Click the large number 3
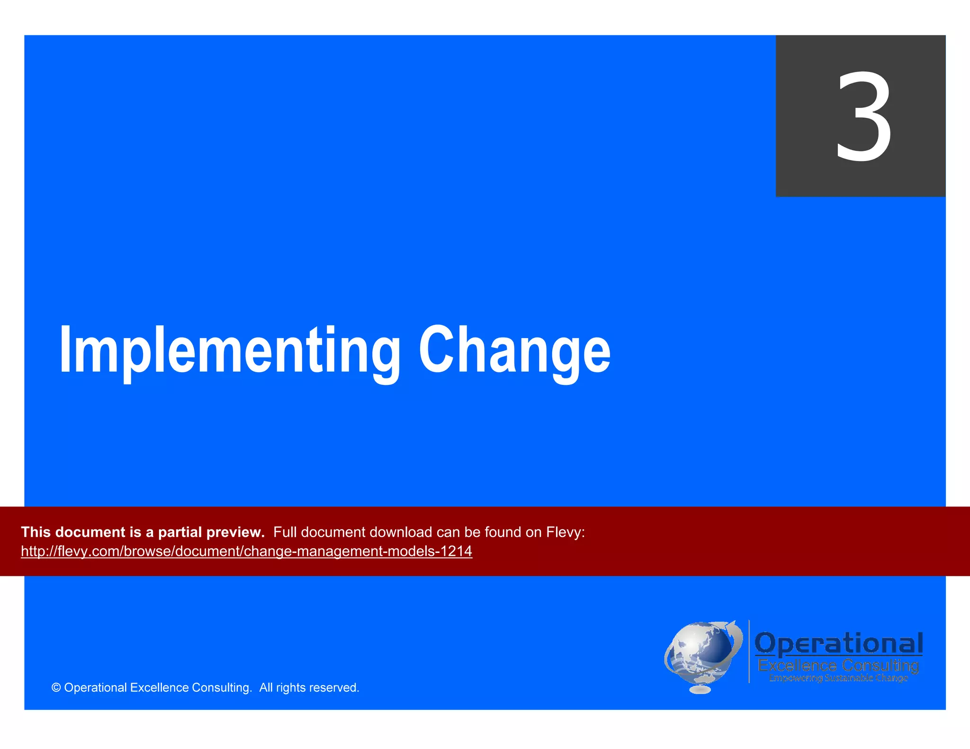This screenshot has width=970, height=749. click(863, 116)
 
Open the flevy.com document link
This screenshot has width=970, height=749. click(246, 551)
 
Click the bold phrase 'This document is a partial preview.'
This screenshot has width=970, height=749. click(143, 532)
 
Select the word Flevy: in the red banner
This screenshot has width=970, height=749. click(566, 532)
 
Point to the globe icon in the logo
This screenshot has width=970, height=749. click(701, 653)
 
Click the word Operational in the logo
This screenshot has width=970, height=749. click(838, 644)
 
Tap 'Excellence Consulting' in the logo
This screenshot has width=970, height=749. click(838, 666)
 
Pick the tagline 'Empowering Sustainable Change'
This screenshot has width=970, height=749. click(838, 678)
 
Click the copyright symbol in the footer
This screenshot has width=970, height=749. click(56, 688)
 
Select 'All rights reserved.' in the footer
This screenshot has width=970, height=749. click(309, 688)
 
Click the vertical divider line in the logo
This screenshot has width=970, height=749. click(749, 651)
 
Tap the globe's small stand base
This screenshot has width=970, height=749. click(700, 690)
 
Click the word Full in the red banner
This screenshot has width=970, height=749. click(285, 532)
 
